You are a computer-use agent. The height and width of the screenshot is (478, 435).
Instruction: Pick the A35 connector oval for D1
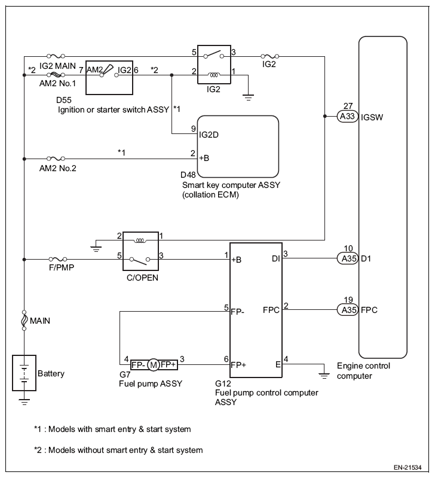tap(346, 258)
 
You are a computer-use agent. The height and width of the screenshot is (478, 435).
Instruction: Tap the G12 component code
tap(222, 384)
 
